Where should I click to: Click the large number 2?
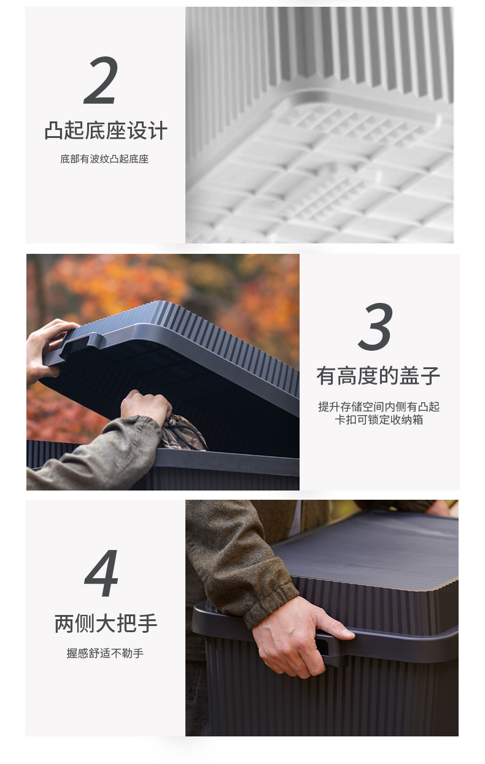pyautogui.click(x=101, y=80)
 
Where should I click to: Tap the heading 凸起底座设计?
pyautogui.click(x=106, y=130)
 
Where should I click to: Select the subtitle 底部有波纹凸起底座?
pyautogui.click(x=104, y=159)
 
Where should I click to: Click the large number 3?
pyautogui.click(x=376, y=326)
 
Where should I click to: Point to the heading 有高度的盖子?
pyautogui.click(x=378, y=376)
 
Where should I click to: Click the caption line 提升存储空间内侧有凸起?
pyautogui.click(x=379, y=407)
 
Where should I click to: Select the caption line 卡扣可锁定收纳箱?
pyautogui.click(x=379, y=419)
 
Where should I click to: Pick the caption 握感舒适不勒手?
pyautogui.click(x=105, y=653)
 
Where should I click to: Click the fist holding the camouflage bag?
pyautogui.click(x=146, y=406)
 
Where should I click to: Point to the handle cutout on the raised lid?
pyautogui.click(x=82, y=344)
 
